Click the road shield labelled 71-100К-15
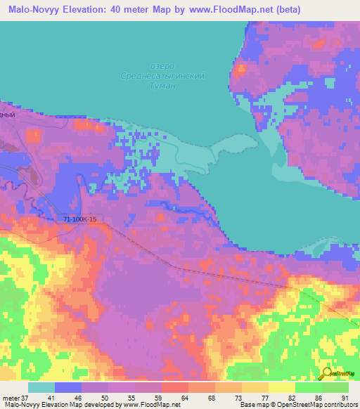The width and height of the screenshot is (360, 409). (79, 219)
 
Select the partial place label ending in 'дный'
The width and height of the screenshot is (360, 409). (8, 112)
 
